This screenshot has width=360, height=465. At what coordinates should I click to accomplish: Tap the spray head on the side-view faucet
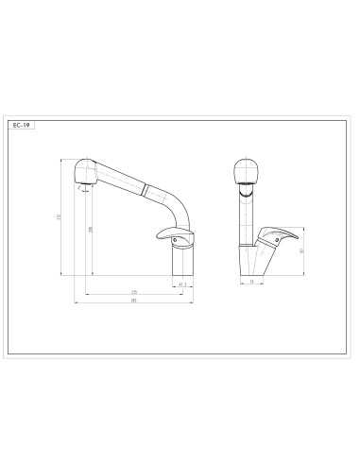point(86,170)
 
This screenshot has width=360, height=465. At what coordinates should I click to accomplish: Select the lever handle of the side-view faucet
point(174,236)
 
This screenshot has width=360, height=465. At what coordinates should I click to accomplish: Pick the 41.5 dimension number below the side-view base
point(180,282)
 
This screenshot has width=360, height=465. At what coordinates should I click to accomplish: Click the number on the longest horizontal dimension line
point(133,301)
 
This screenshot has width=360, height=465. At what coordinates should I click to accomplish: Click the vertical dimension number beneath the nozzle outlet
point(90,230)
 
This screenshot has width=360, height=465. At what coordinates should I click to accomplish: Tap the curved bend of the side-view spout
point(171,200)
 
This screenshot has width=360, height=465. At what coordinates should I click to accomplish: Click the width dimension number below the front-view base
point(250,282)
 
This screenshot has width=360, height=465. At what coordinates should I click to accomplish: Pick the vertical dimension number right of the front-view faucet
point(300,250)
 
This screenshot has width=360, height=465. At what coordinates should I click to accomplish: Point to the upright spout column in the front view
point(245,217)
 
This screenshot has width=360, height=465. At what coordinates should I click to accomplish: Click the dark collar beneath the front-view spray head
point(245,189)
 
